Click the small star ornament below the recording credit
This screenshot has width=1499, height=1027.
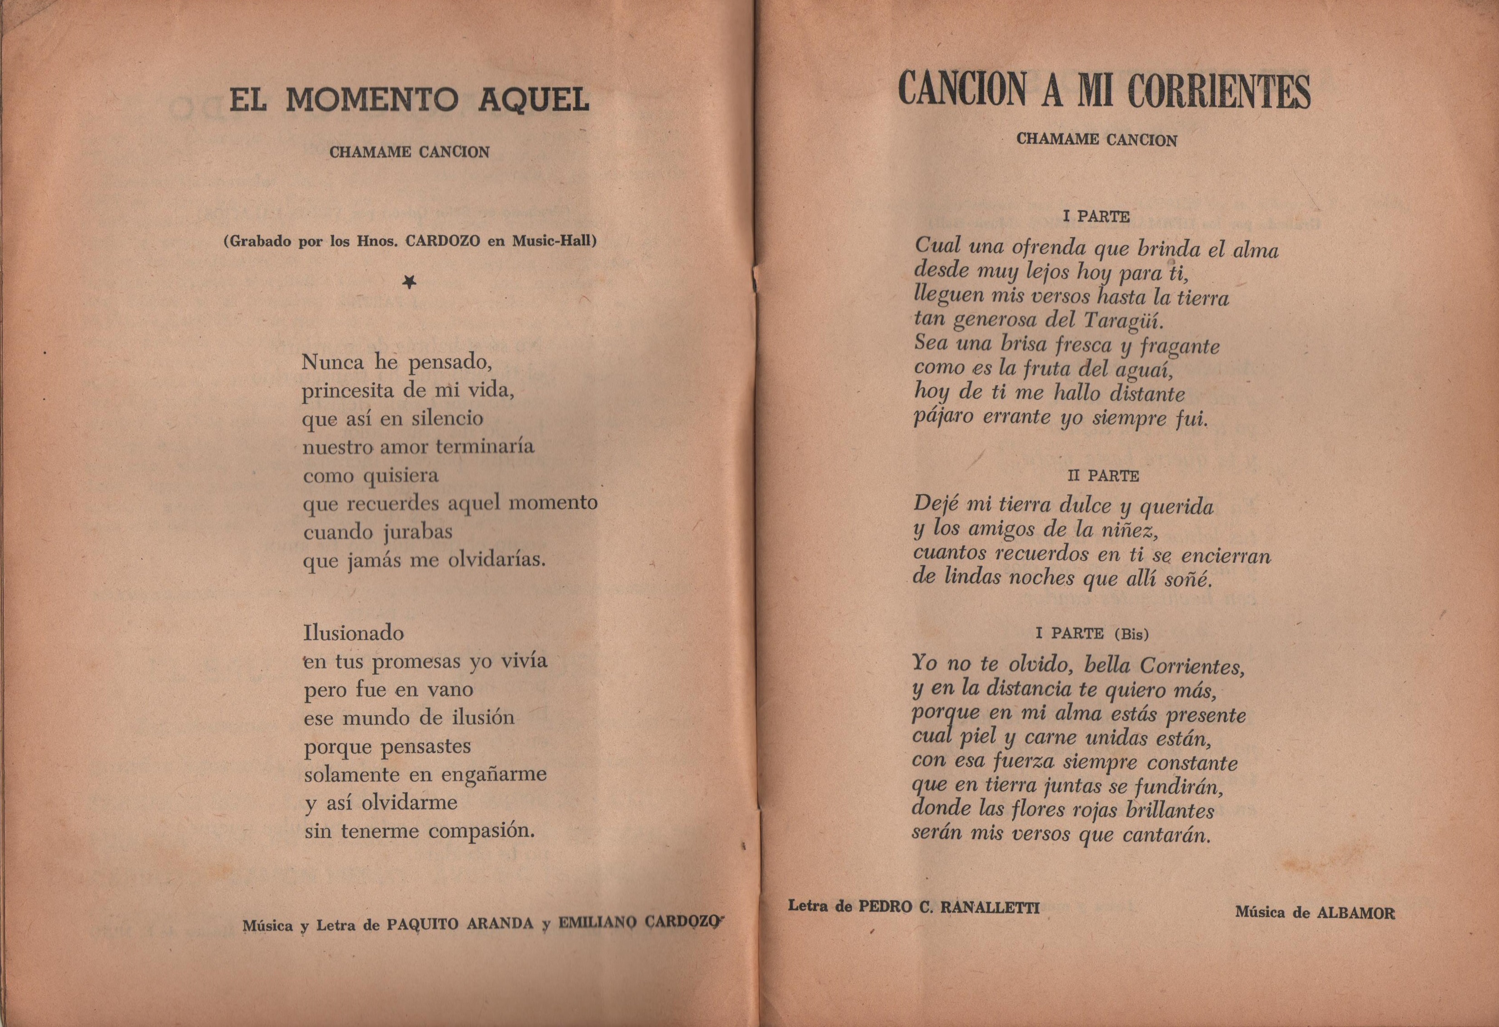tap(409, 281)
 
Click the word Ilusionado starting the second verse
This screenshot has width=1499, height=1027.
tap(353, 633)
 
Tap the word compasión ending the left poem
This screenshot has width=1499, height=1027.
tap(482, 831)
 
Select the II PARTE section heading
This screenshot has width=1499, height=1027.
tap(1103, 476)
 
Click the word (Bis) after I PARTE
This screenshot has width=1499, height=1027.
tap(1131, 634)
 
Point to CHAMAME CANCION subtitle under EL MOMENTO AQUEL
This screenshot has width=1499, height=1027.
tap(410, 152)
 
